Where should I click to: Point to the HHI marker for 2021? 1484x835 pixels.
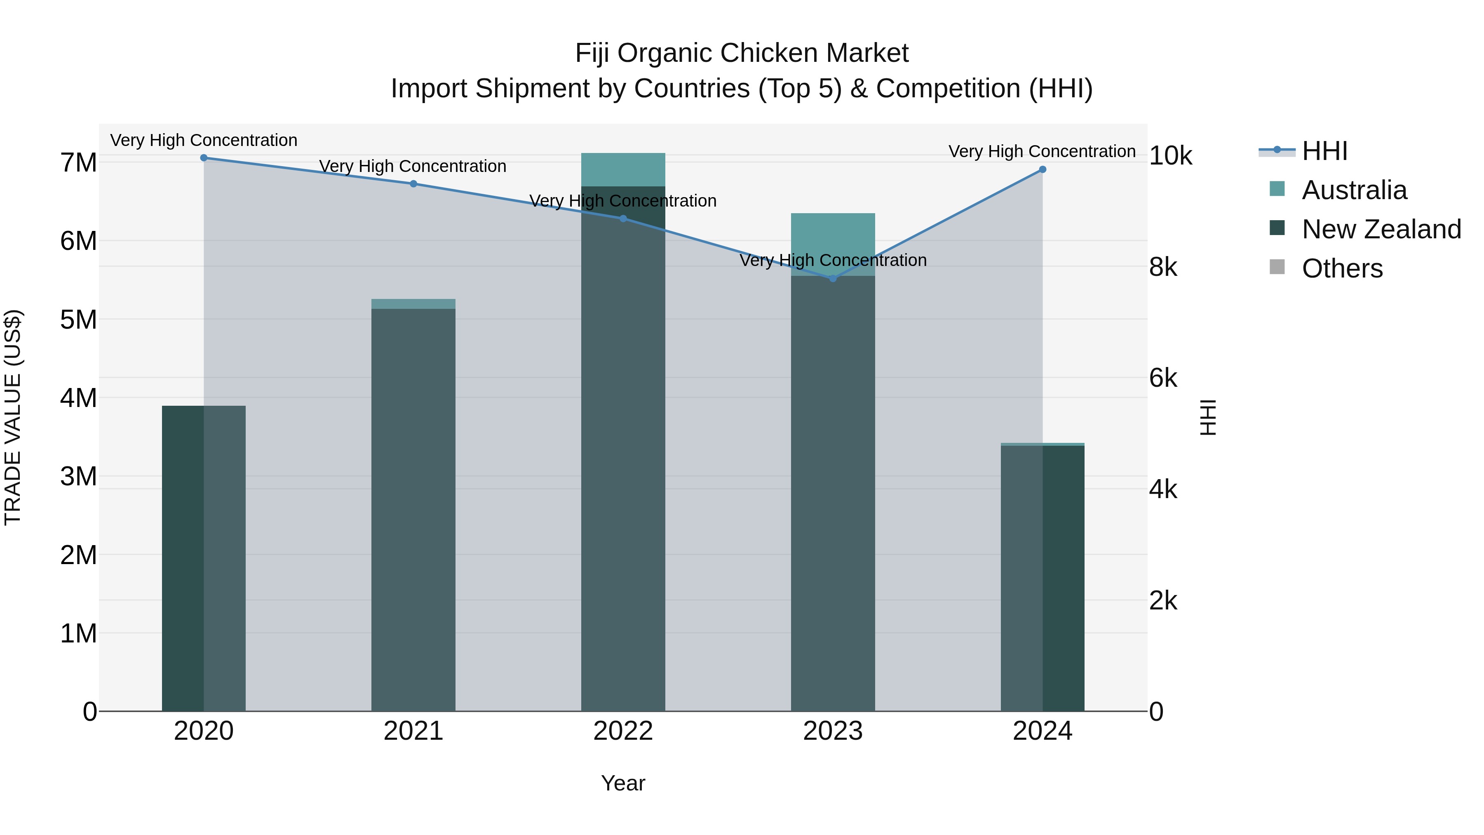[413, 184]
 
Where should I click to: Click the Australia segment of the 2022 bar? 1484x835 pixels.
[623, 169]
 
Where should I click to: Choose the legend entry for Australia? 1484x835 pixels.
[1353, 190]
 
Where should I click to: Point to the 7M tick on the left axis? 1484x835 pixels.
[78, 162]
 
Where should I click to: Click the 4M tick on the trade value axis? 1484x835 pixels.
[78, 398]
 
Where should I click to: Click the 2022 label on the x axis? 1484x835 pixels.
[623, 731]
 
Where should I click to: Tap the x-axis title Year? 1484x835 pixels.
[623, 783]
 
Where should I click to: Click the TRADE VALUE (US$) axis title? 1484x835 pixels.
[13, 417]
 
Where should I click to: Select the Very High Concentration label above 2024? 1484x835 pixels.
[1042, 152]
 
